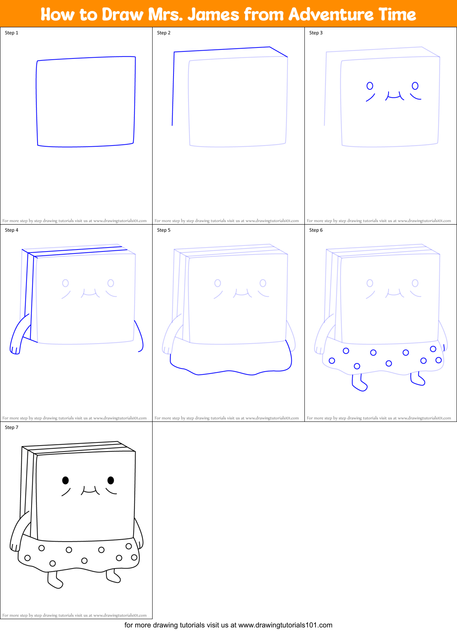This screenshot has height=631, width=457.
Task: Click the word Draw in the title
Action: coord(123,15)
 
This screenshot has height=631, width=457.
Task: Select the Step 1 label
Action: coord(11,33)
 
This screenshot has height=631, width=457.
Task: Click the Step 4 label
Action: coord(11,230)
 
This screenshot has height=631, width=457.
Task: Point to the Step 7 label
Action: coord(11,427)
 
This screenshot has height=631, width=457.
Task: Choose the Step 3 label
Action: coord(316,33)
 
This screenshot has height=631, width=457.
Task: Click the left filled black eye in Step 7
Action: coord(66,480)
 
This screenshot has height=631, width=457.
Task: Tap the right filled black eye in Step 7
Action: coord(111,480)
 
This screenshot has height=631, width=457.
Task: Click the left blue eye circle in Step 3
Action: coord(370,86)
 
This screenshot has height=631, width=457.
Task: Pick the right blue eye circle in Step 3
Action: coord(415,85)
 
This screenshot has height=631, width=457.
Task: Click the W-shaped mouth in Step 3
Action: coord(395,96)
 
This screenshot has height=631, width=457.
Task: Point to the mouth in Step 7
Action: coord(90,491)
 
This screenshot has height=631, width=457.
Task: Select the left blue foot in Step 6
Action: coord(359,385)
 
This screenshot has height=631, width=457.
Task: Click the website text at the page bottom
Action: coord(228,625)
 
